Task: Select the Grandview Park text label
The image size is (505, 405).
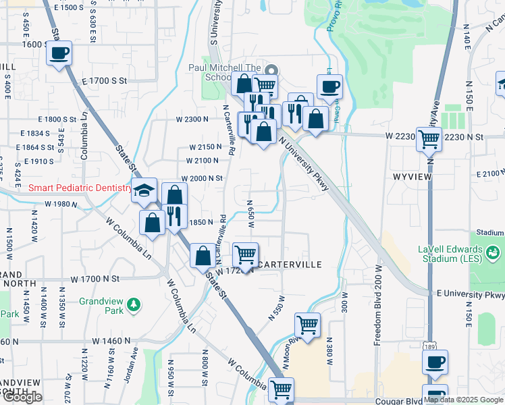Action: click(x=101, y=306)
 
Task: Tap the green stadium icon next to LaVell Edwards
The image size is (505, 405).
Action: click(x=494, y=252)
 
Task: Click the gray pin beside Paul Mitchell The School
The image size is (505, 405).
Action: click(x=271, y=70)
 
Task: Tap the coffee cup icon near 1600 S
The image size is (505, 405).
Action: click(x=59, y=53)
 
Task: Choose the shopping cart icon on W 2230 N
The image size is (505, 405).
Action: click(x=429, y=139)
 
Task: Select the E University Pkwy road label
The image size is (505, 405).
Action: click(x=471, y=294)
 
